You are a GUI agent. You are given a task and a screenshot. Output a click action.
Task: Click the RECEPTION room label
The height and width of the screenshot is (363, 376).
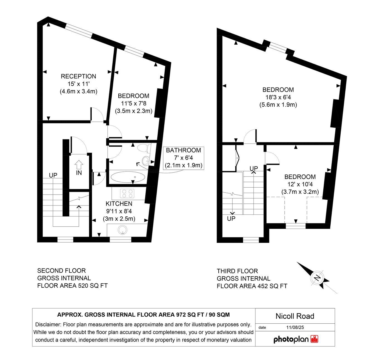coord(78,76)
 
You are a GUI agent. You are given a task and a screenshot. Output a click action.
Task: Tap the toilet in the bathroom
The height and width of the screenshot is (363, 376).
coord(144,148)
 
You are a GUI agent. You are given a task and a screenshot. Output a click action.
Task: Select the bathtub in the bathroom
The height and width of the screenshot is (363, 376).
coord(128,177)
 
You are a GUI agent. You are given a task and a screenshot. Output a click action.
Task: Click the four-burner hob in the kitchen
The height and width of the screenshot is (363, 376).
coord(127,193)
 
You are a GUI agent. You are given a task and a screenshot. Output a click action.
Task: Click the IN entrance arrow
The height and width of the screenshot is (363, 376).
coord(79,166)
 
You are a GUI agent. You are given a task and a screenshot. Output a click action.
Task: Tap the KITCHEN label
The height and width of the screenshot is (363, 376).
coord(119,204)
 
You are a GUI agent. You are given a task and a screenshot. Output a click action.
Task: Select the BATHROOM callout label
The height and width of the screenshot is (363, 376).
coord(183,150)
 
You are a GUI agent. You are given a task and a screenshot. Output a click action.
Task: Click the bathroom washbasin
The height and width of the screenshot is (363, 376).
coord(146,160)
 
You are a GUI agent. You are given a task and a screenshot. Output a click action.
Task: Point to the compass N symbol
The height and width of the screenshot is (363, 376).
coord(317,278)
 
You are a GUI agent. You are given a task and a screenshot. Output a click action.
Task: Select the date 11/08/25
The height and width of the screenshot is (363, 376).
coord(295,327)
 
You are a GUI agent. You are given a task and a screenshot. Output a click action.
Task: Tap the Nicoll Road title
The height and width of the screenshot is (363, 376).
coord(295,316)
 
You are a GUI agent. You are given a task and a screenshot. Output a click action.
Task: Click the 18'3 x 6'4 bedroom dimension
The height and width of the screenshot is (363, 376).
coord(278,97)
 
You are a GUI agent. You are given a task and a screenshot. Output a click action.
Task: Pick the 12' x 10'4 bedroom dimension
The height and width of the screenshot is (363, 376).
coord(300,184)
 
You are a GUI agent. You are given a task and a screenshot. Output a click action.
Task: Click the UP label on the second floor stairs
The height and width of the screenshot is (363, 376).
coord(53,175)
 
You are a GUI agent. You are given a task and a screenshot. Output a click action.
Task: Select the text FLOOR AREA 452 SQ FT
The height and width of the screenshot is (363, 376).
coord(252,286)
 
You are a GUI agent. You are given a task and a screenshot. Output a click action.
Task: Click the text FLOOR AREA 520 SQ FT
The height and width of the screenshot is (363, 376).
coord(72,286)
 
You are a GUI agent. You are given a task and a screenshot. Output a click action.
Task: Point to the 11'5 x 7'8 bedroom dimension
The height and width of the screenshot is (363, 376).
coord(134,103)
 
